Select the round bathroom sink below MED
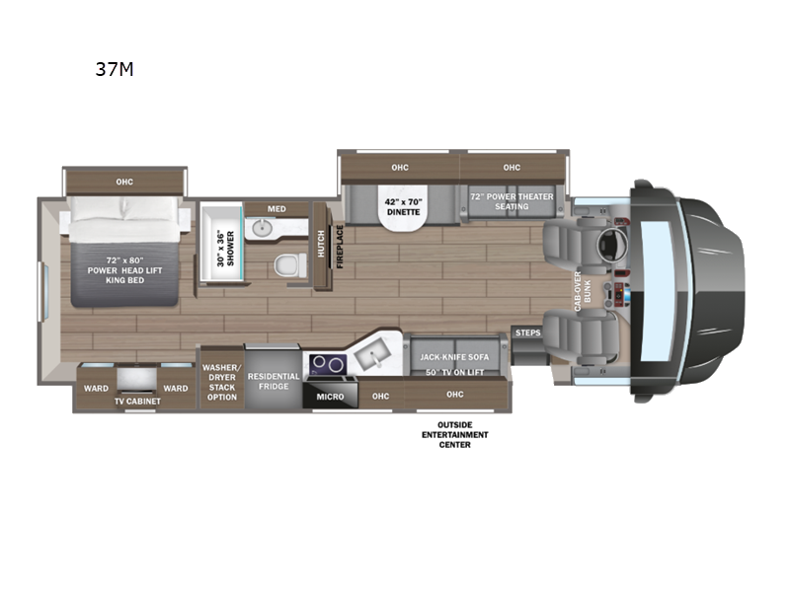(x=263, y=229)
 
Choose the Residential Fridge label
(x=274, y=381)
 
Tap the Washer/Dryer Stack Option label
(x=221, y=381)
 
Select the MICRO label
(x=329, y=396)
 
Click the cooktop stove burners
(x=328, y=365)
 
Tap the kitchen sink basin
(x=373, y=352)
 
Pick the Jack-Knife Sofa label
(x=454, y=356)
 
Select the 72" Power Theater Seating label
(x=511, y=201)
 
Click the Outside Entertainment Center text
(x=454, y=435)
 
